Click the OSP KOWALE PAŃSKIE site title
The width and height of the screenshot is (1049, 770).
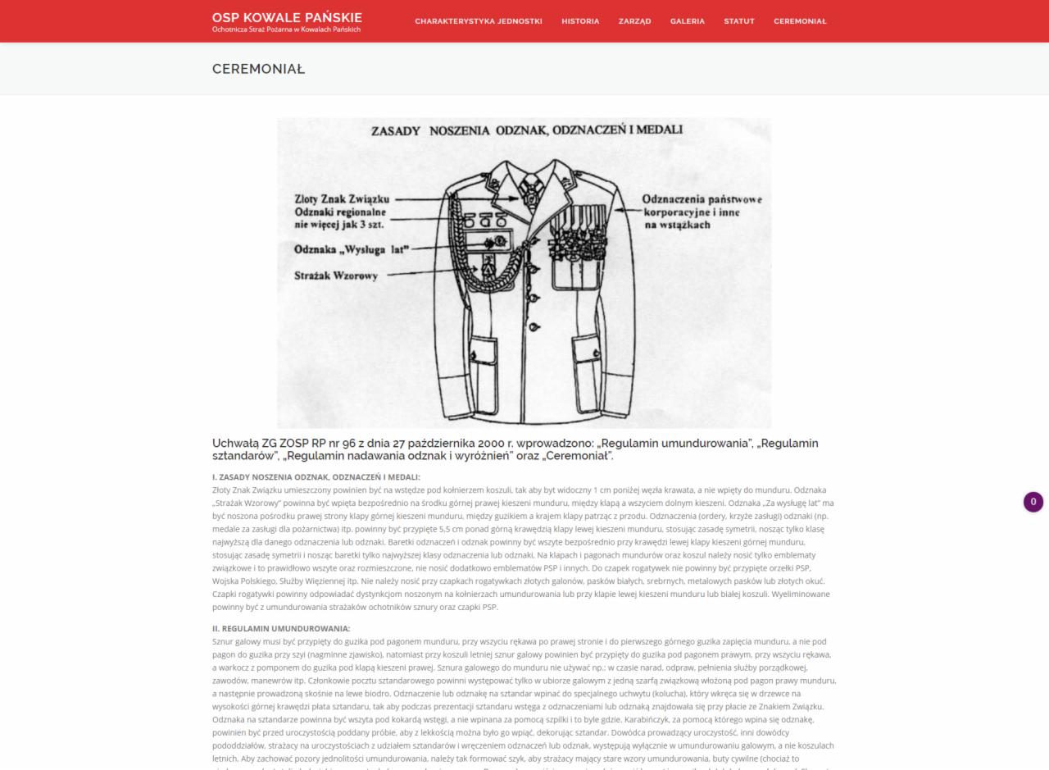click(286, 17)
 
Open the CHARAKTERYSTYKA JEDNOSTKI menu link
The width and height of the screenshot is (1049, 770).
click(478, 21)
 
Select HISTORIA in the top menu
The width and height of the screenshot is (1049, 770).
click(580, 21)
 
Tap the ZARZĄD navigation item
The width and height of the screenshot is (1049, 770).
click(634, 21)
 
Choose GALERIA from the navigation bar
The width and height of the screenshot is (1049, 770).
click(687, 21)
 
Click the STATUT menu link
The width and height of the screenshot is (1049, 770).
click(738, 21)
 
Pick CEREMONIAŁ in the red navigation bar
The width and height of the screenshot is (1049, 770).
click(800, 21)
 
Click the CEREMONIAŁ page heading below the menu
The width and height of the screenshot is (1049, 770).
click(258, 69)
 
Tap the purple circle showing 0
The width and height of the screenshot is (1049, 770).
click(1033, 502)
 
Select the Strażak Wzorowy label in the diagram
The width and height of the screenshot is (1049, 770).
click(336, 276)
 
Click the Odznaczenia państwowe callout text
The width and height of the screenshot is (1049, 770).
click(702, 199)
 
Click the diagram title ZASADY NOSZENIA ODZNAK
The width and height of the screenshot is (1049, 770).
click(526, 130)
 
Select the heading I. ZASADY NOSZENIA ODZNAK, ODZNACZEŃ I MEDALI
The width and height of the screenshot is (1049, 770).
click(316, 477)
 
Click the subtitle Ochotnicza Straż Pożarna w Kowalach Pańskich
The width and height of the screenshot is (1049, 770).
click(286, 30)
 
